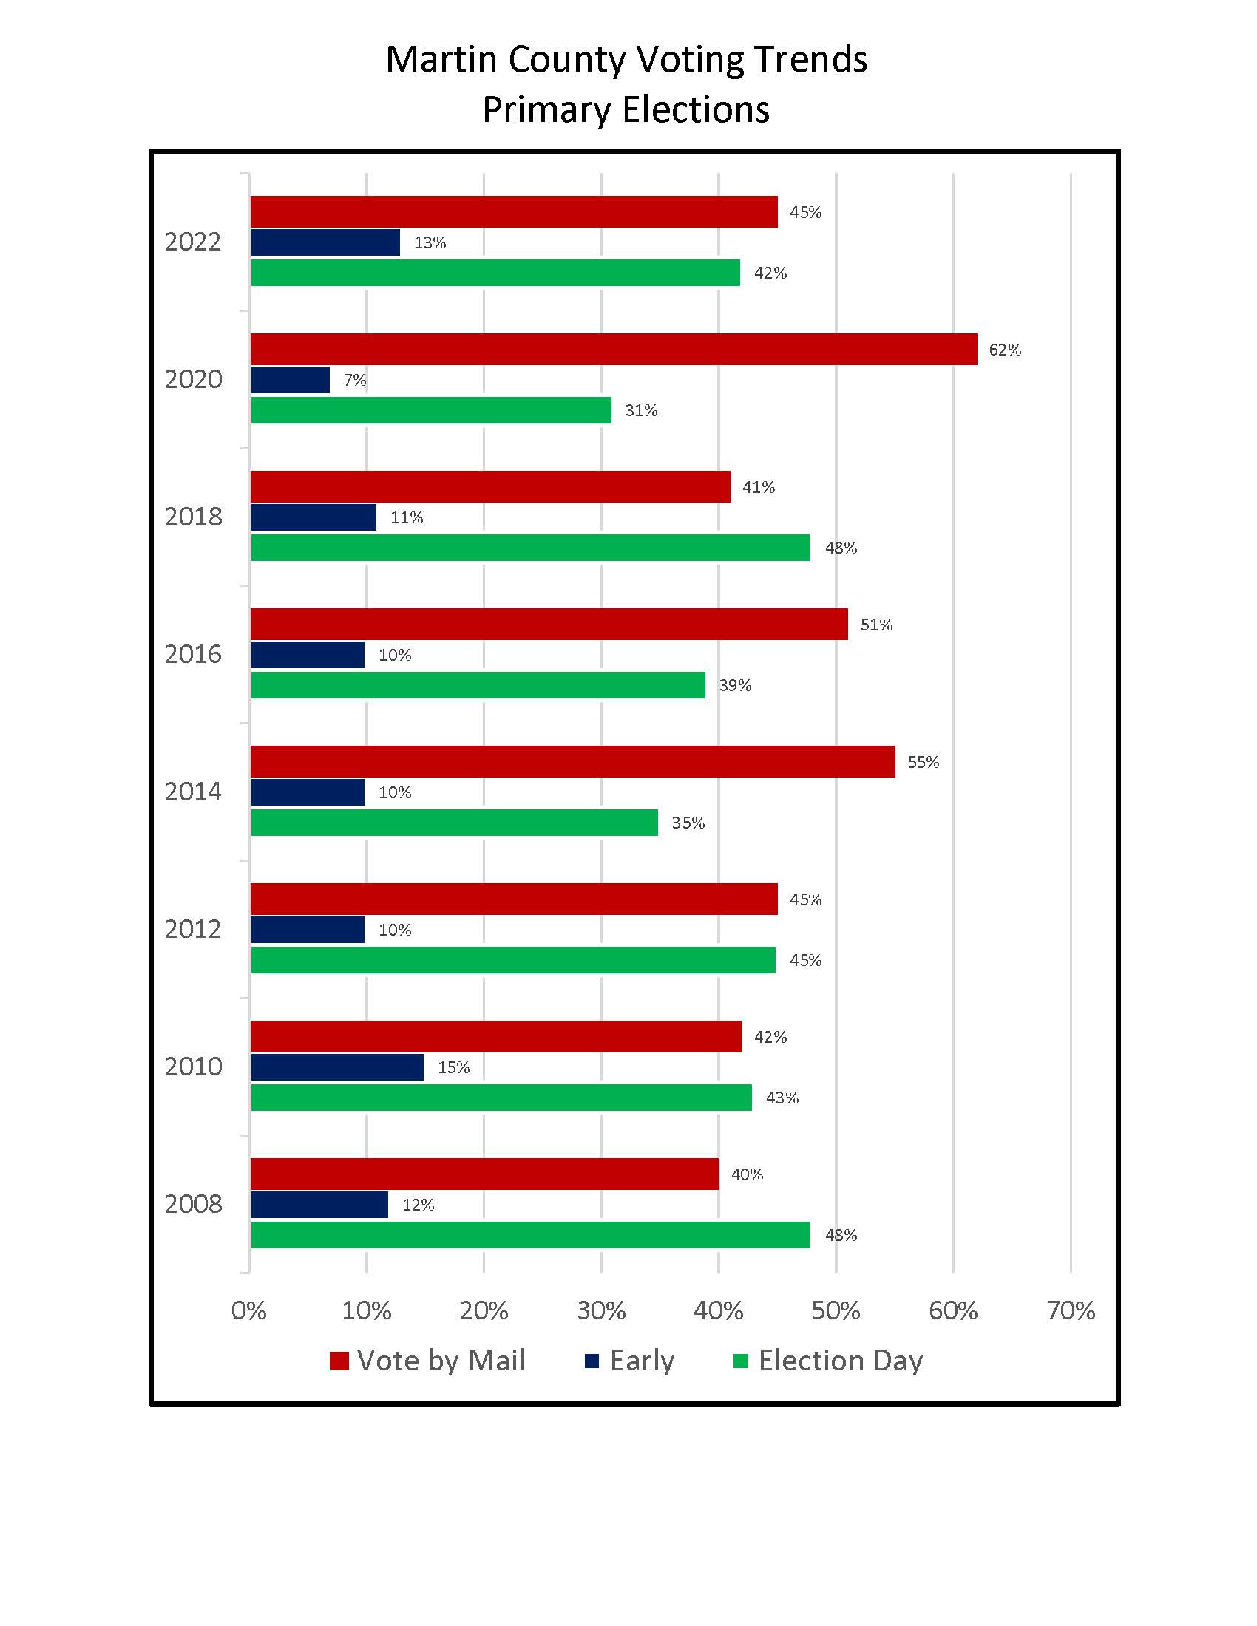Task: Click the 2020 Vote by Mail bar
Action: (x=614, y=349)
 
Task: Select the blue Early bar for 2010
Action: (x=336, y=1067)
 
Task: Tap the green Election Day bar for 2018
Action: (x=530, y=548)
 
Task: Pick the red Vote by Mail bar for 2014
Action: (x=572, y=761)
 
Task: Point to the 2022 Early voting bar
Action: (x=325, y=242)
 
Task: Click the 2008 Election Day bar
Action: (x=530, y=1235)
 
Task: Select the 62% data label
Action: (x=1005, y=350)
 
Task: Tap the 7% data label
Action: (x=354, y=381)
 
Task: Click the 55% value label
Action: (x=923, y=763)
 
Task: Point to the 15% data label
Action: (x=453, y=1068)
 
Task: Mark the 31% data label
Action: (x=641, y=411)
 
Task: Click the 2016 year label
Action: (x=193, y=654)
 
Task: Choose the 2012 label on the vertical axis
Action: (x=193, y=929)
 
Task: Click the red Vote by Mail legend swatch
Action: (x=339, y=1361)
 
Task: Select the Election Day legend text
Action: (x=840, y=1361)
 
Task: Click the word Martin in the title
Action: (x=442, y=60)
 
